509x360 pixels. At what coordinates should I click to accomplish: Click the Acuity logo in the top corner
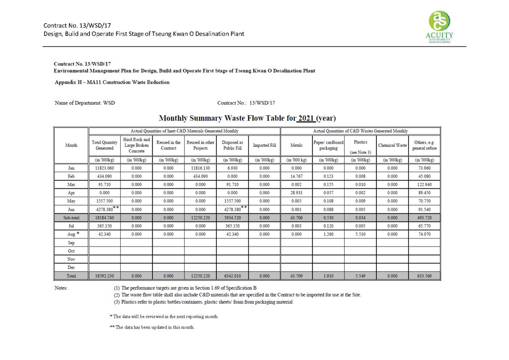pos(439,27)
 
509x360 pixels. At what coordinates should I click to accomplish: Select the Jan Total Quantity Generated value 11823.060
pos(104,168)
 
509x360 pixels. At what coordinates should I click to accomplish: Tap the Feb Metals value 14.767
pos(296,177)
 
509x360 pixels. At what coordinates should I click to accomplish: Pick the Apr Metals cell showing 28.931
pos(296,193)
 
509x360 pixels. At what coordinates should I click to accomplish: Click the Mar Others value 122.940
pos(424,185)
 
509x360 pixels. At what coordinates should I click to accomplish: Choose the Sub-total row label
pos(71,218)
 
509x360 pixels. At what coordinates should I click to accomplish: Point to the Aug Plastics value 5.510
pos(360,234)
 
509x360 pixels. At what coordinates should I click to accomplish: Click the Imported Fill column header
pos(264,145)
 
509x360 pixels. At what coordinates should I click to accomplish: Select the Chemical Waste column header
pos(392,145)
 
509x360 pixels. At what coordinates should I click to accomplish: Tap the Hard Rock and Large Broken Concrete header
pos(136,145)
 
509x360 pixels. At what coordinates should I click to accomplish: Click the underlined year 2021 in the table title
pos(306,118)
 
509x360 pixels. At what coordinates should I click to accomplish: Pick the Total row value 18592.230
pos(104,276)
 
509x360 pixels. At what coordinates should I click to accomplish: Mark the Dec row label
pos(71,268)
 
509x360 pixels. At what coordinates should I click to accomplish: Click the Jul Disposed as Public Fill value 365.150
pos(232,226)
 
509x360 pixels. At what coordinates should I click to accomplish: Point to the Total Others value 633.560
pos(424,276)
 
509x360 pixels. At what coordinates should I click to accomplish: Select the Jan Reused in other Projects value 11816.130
pos(200,168)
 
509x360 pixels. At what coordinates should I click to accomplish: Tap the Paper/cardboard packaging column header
pos(328,145)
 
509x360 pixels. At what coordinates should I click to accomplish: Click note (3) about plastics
pos(203,302)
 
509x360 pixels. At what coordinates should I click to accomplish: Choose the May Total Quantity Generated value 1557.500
pos(104,201)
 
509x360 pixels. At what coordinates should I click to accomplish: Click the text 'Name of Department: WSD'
pos(85,103)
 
